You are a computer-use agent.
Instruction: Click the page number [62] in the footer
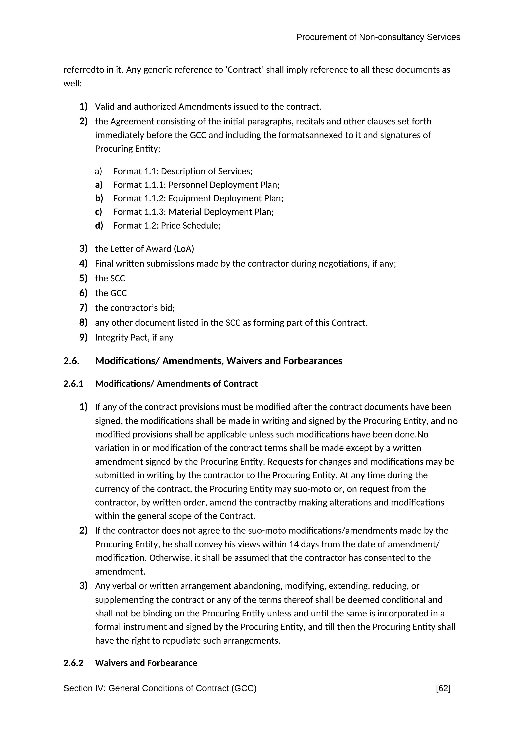[x=443, y=688]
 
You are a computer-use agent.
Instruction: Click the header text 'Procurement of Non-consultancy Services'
[x=378, y=37]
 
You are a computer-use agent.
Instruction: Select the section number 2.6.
[x=71, y=361]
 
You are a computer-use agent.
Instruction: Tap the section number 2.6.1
[x=73, y=384]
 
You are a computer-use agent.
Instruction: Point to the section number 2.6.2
[x=73, y=663]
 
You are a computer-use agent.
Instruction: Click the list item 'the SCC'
[x=110, y=278]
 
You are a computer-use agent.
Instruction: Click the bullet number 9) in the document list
[x=83, y=337]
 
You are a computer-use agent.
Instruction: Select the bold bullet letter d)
[x=99, y=226]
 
